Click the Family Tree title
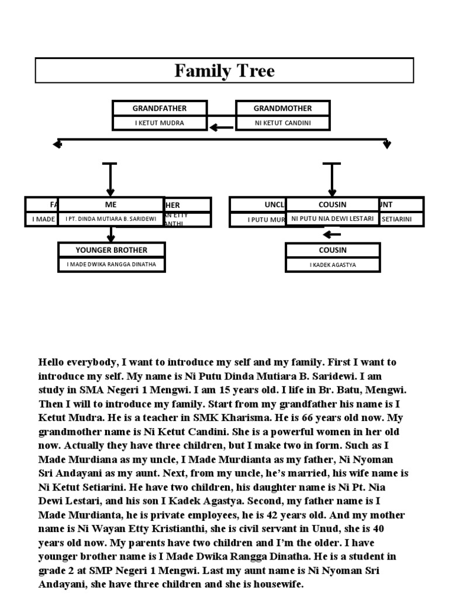[224, 71]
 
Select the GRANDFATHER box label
[160, 109]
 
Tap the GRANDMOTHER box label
[282, 109]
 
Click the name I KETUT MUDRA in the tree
[160, 123]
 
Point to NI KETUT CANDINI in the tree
[282, 123]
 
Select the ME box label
[111, 205]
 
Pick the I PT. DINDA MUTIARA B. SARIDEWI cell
[111, 219]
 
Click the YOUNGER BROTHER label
[111, 250]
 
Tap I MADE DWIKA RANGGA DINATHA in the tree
[111, 265]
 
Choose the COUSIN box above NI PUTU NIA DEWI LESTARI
[332, 205]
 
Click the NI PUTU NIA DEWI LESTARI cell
[332, 219]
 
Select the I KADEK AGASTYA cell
[332, 265]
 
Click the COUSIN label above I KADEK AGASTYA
[332, 250]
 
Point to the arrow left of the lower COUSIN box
[331, 235]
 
